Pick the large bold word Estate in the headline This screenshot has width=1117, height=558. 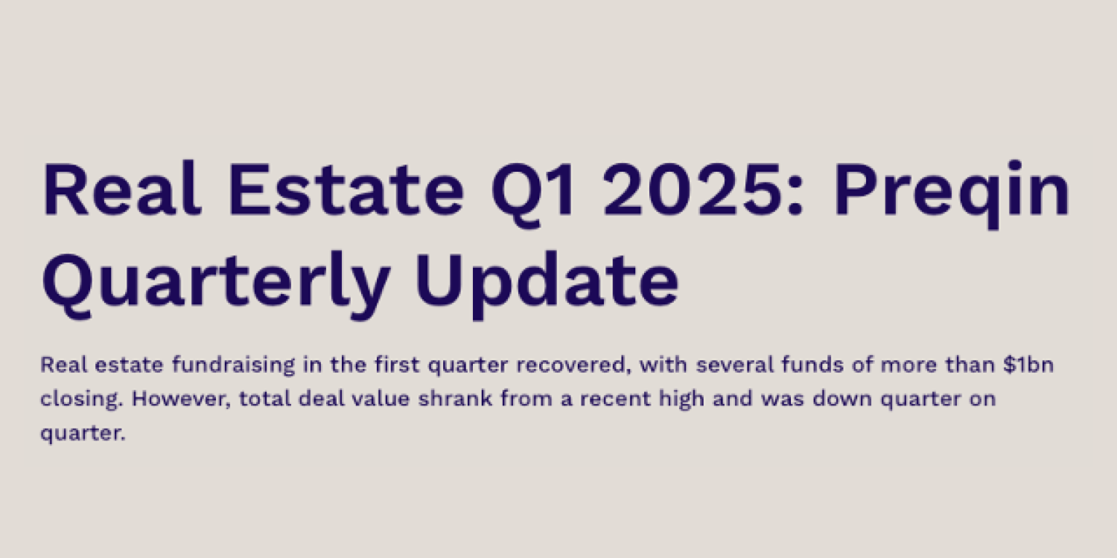[x=346, y=189]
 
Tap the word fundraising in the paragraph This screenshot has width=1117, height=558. [x=233, y=366]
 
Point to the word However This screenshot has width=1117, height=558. [x=181, y=399]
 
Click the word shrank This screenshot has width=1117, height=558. [x=455, y=399]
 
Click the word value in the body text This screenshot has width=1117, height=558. [x=381, y=399]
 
